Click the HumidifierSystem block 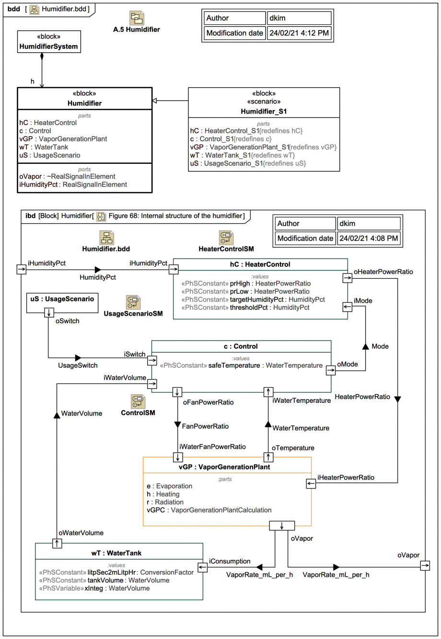point(49,42)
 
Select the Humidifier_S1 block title point(264,111)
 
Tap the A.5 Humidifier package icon point(137,18)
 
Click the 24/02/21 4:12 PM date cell point(299,33)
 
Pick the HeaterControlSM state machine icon point(226,238)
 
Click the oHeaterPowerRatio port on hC point(348,278)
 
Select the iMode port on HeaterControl point(348,307)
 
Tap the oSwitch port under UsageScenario point(49,313)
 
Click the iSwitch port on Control point(152,360)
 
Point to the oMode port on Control point(331,370)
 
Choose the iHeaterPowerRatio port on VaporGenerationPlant point(311,483)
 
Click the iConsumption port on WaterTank point(203,567)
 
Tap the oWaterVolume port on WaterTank point(57,543)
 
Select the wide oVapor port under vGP point(282,526)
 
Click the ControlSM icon point(138,402)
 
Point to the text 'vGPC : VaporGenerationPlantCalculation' point(209,510)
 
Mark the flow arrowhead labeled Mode point(365,346)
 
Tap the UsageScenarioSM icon point(133,302)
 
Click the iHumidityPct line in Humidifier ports point(73,184)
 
